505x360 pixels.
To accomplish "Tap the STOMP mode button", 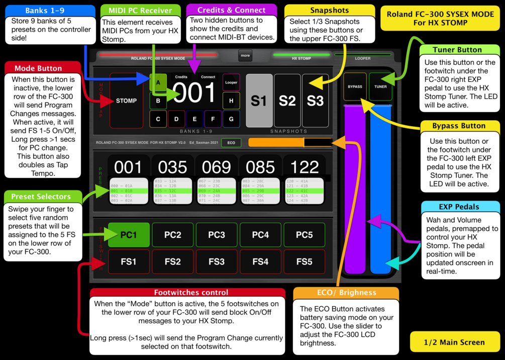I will coord(126,101).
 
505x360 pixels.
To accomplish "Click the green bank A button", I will coord(158,82).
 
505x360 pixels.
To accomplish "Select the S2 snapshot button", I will coord(287,101).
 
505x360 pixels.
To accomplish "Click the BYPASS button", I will coord(355,86).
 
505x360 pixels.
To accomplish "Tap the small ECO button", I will coord(231,143).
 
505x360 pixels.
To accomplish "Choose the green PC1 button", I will coord(129,235).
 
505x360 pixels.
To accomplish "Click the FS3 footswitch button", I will coord(217,261).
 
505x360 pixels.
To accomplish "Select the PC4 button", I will coord(260,235).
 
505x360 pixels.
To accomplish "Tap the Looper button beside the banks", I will coord(231,82).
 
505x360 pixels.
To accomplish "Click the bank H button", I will coord(231,101).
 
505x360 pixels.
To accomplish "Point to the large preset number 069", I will coord(217,167).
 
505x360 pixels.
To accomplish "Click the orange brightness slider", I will coord(290,143).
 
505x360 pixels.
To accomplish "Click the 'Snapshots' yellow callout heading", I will coord(329,10).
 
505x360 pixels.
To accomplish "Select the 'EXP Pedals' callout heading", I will coord(459,207).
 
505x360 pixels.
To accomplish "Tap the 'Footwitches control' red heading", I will coord(191,293).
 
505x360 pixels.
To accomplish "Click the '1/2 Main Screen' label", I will coord(454,342).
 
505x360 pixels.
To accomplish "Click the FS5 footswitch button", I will coord(305,261).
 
